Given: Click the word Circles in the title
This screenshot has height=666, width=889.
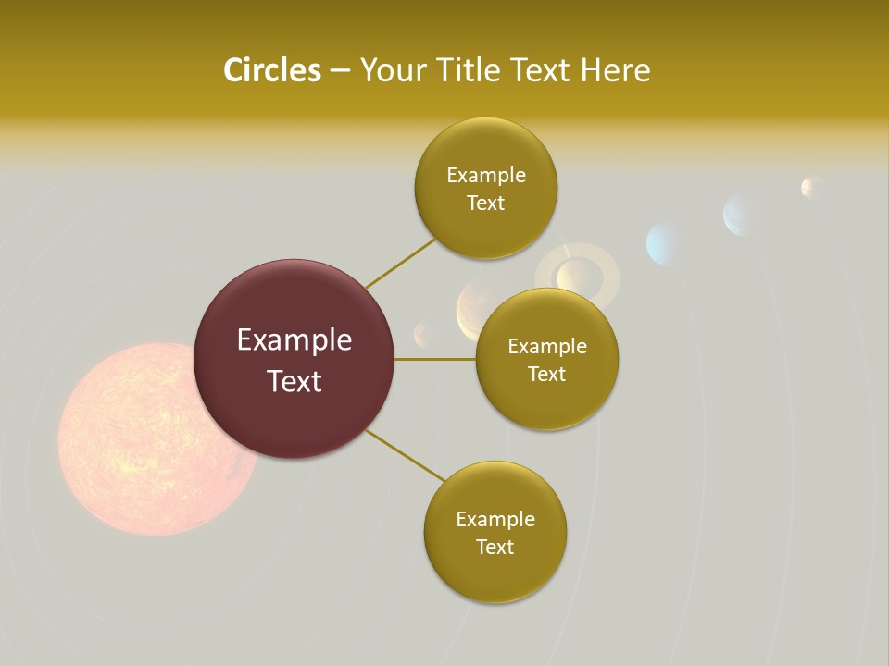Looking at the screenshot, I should tap(271, 70).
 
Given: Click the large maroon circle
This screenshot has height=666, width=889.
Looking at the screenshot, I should tap(294, 359).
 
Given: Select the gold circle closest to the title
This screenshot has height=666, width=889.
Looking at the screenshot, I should tap(485, 188).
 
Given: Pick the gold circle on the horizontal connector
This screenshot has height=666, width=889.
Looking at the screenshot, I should tap(546, 359).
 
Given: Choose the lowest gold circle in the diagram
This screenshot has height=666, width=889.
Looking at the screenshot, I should tap(495, 532).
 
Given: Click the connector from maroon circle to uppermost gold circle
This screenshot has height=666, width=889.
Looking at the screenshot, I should tap(400, 264).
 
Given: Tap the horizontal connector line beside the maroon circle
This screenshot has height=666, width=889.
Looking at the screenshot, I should tap(434, 359).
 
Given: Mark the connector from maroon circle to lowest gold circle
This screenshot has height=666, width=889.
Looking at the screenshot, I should tap(404, 455).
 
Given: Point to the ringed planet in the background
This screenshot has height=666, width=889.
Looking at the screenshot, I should tap(578, 276).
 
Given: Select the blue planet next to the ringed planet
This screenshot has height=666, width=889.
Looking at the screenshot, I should tap(665, 243).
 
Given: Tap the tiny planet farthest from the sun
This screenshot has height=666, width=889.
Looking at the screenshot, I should tap(811, 187).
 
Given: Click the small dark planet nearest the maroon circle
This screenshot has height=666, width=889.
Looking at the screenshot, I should tap(424, 333).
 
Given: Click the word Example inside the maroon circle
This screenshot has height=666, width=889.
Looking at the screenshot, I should tap(294, 339).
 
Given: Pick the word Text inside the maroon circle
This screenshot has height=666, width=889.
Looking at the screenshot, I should tap(294, 380).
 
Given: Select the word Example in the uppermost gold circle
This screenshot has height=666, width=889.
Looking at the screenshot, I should tap(485, 175).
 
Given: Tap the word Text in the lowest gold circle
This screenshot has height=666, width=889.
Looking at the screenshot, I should tap(495, 547).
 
